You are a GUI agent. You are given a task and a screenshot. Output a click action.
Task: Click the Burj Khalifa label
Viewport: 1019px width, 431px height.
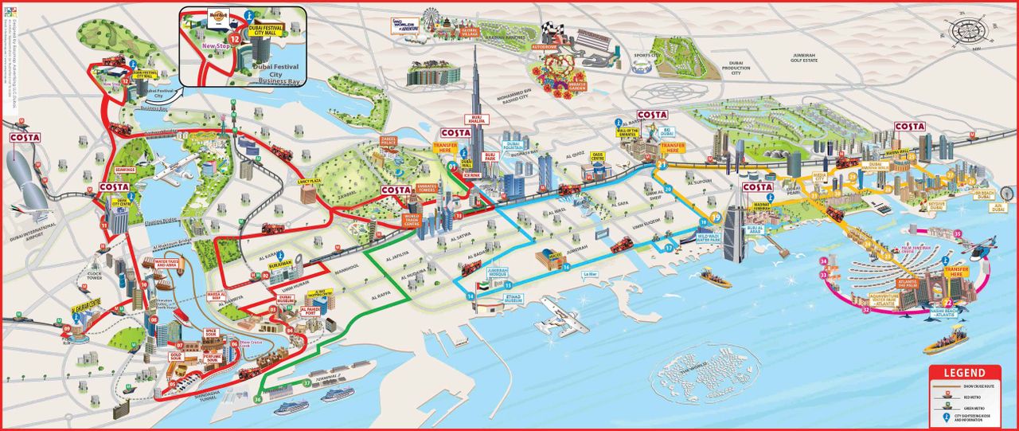[x=478, y=119]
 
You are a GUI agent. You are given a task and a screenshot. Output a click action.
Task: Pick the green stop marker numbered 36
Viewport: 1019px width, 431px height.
[x=257, y=398]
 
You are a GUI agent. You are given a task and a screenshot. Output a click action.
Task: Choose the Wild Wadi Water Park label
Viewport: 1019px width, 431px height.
[x=691, y=237]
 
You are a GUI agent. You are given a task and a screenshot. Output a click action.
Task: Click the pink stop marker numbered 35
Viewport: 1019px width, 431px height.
[x=958, y=233]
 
